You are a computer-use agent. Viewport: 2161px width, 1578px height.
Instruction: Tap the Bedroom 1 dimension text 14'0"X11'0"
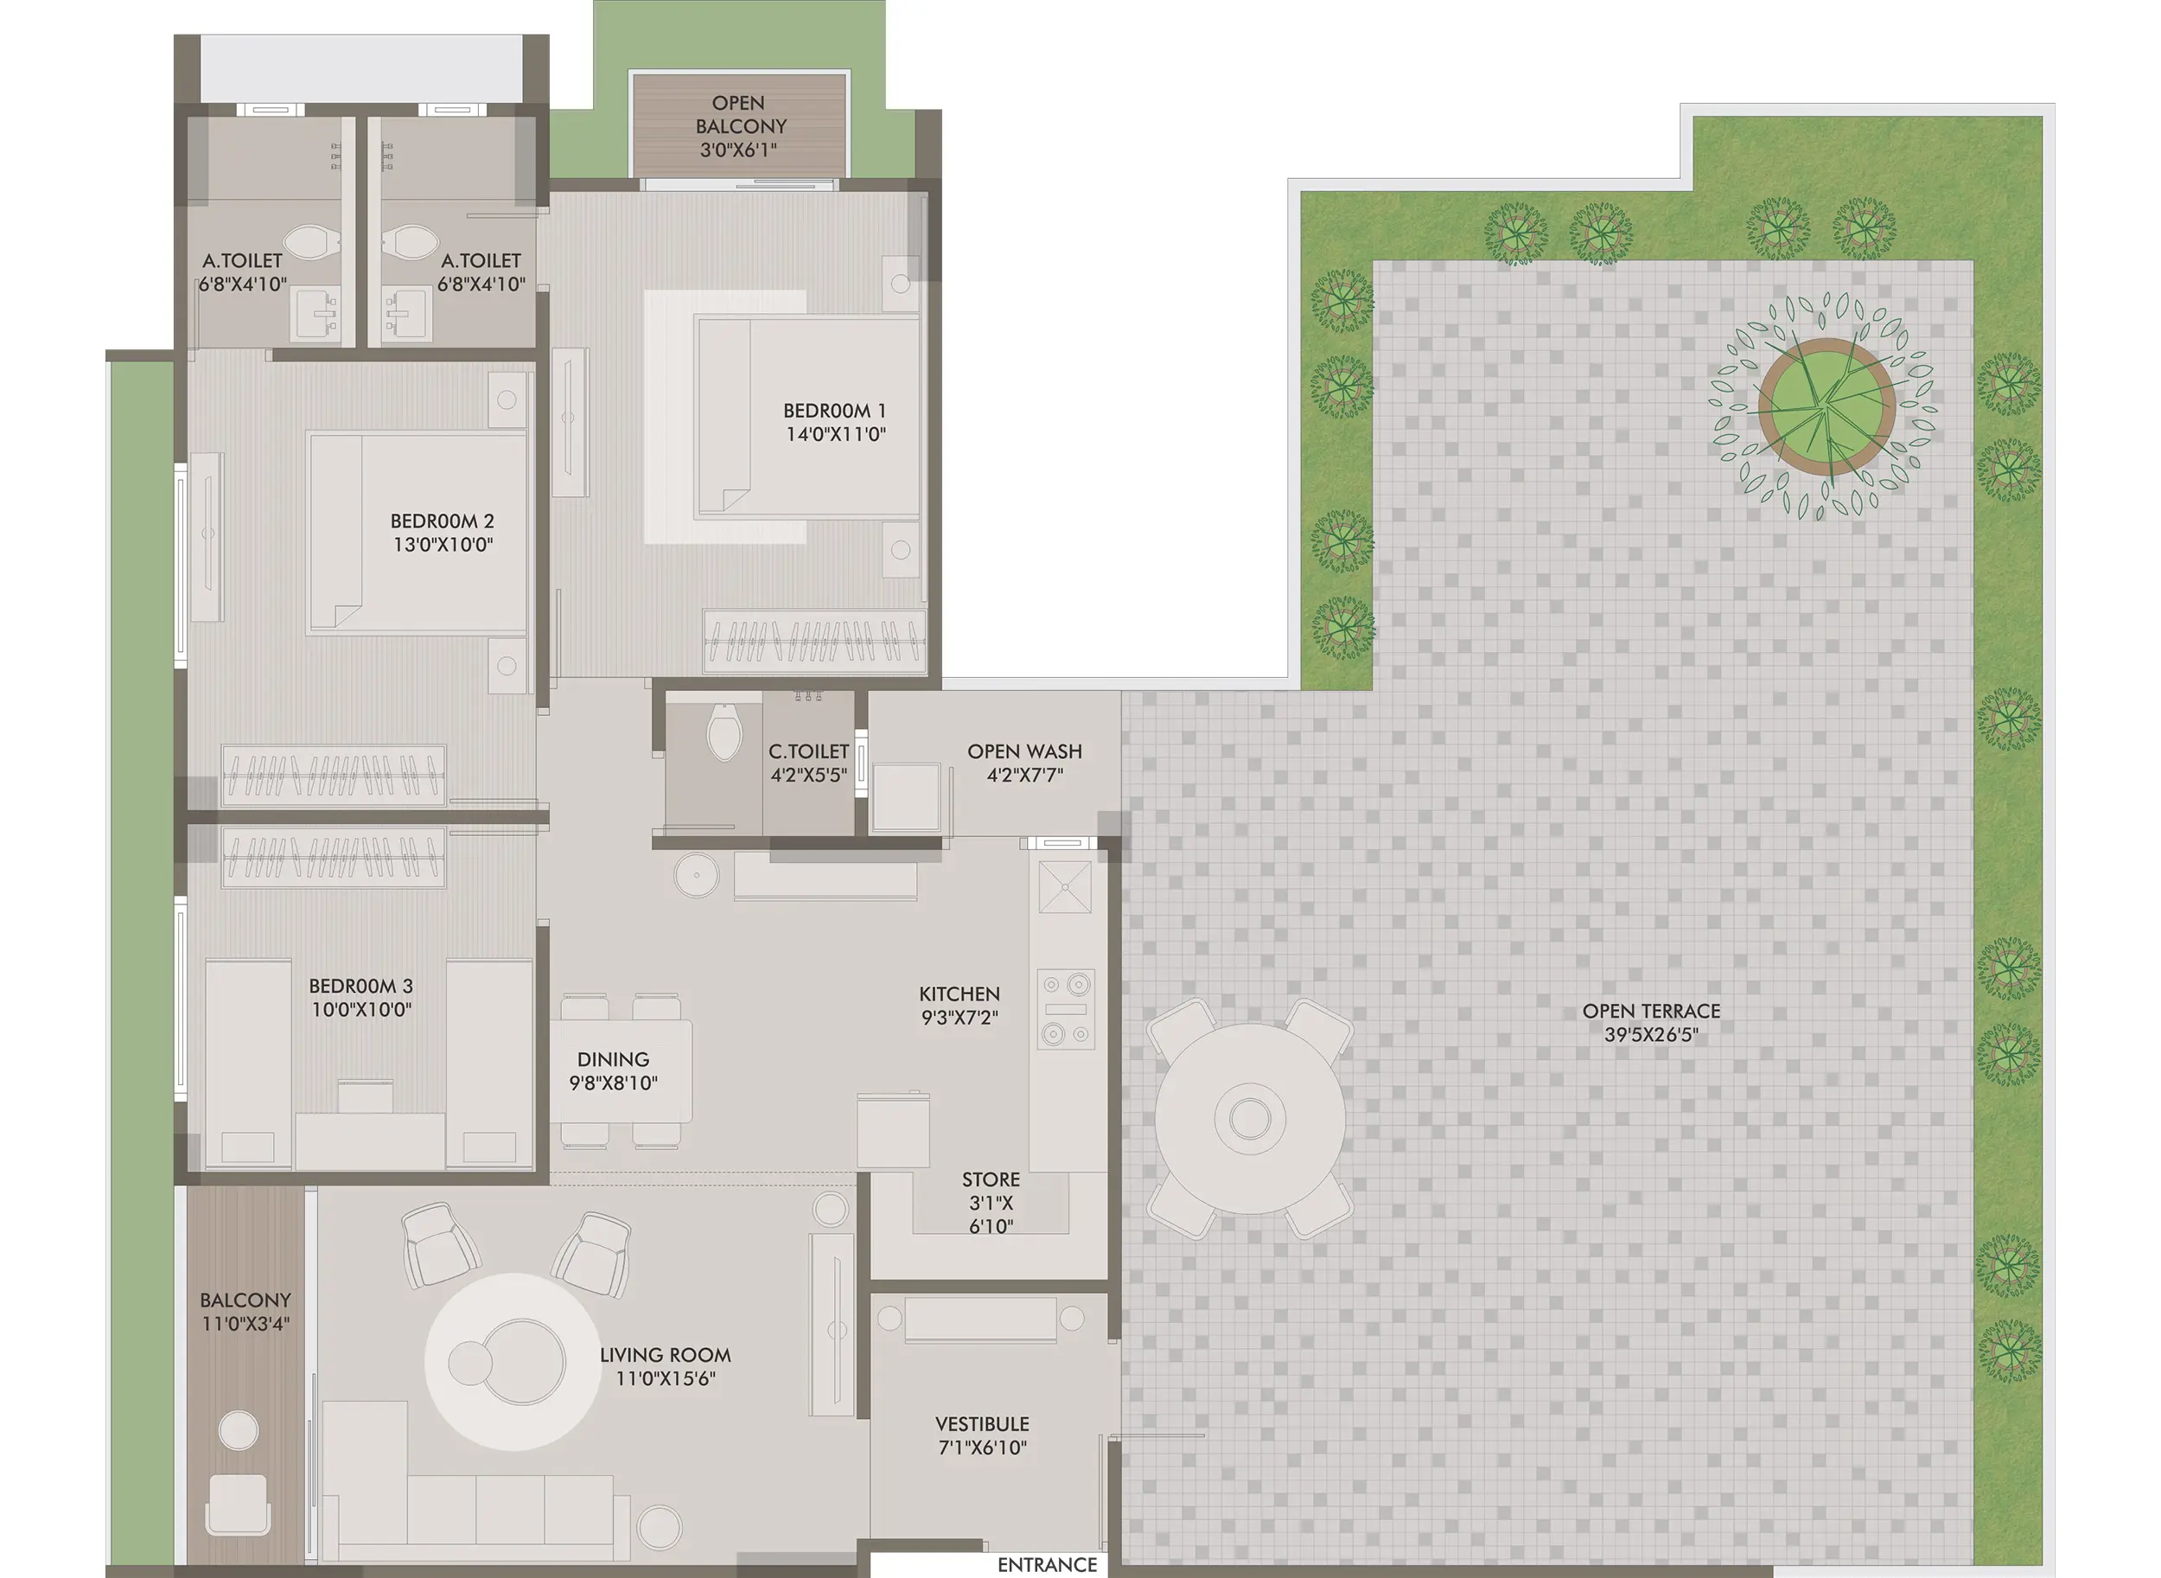click(836, 435)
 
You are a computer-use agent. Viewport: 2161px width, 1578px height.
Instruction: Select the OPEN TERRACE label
click(1650, 1011)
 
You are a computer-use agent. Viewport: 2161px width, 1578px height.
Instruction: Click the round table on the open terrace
click(1249, 1118)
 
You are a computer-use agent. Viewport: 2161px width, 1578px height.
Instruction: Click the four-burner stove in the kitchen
click(1065, 1009)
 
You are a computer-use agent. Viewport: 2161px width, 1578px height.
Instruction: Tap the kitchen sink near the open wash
click(1065, 887)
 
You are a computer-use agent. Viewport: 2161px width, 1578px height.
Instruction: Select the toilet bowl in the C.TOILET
click(724, 732)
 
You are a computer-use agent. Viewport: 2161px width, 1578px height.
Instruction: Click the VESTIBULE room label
click(982, 1424)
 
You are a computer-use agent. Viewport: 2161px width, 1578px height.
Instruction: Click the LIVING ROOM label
click(665, 1354)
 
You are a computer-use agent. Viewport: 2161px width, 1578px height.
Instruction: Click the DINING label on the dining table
click(613, 1059)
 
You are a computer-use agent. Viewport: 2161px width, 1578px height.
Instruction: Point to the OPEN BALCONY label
click(740, 115)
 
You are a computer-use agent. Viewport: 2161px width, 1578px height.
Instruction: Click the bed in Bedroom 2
click(418, 532)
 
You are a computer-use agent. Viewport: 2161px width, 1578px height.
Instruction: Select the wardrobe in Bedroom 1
click(814, 640)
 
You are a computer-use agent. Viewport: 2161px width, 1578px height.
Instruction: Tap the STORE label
click(991, 1179)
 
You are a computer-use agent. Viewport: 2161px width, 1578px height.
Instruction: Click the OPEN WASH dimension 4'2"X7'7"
click(1023, 776)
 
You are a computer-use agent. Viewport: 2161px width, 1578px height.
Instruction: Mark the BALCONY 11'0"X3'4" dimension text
click(245, 1324)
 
